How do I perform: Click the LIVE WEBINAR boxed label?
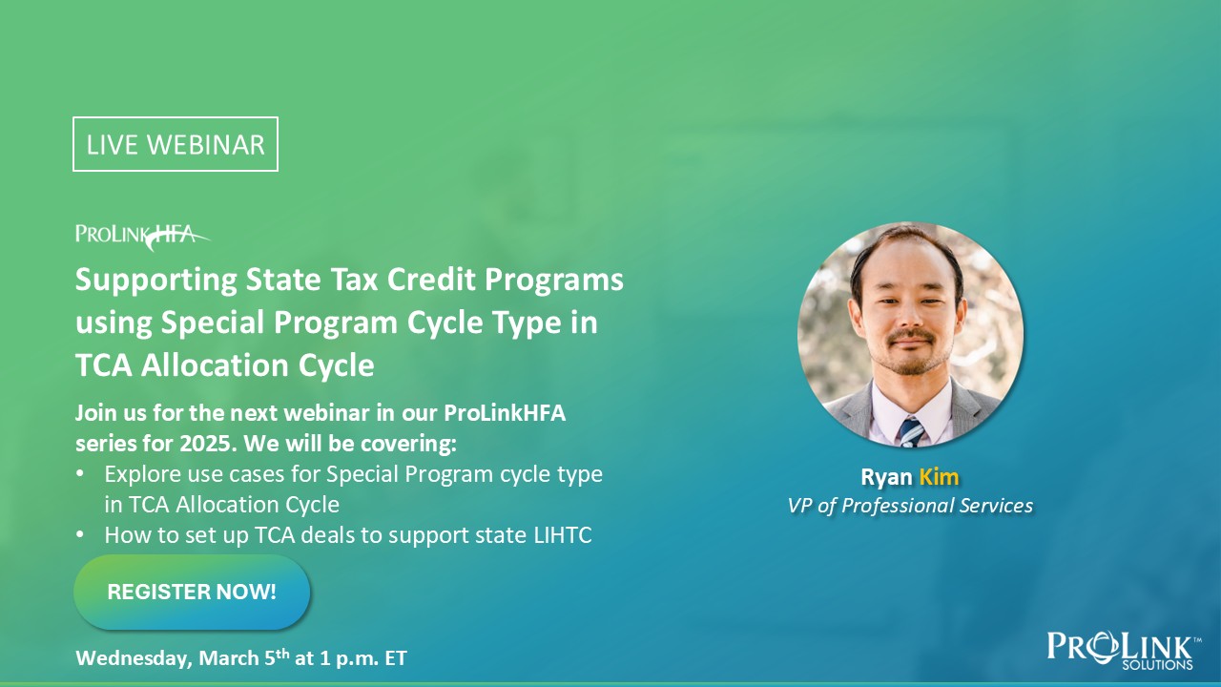176,144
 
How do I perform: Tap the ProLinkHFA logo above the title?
143,237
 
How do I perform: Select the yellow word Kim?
939,476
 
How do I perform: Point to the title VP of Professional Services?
910,506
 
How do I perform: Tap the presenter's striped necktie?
911,432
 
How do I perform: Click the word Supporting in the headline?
155,281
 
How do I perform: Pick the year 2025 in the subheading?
208,444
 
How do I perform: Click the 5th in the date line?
277,657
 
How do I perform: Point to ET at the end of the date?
396,658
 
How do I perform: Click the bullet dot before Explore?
80,473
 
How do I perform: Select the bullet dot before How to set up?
80,534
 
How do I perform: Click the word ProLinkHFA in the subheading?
505,413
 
